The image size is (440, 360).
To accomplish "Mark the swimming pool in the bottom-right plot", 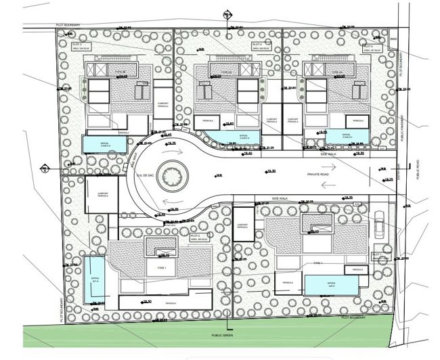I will click(330, 285).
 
